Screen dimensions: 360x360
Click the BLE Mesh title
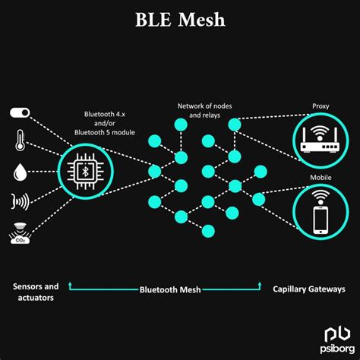[180, 20]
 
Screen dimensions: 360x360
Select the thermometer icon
[20, 141]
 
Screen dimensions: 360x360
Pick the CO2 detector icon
[21, 230]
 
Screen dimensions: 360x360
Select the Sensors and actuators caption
[36, 293]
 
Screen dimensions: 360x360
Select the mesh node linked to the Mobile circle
[258, 200]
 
